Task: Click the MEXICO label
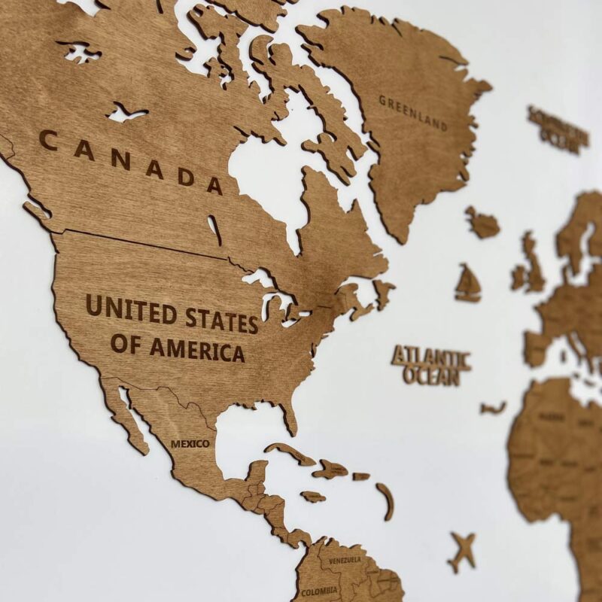[x=190, y=444]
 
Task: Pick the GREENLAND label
[x=412, y=112]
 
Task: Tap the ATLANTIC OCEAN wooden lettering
[x=431, y=366]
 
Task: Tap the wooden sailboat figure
[x=467, y=284]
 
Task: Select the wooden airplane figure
[x=462, y=550]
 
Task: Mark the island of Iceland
[x=482, y=223]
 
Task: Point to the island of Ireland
[x=518, y=277]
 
